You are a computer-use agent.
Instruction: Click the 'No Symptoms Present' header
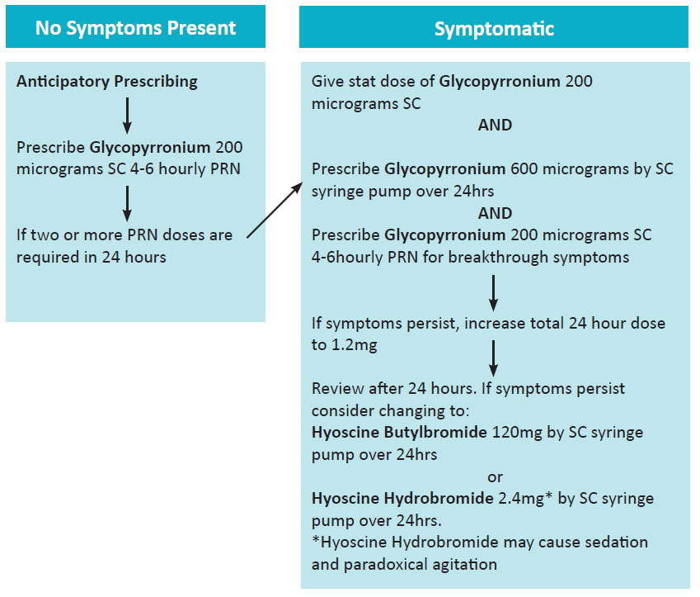click(x=135, y=28)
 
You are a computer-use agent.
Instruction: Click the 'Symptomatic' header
click(x=494, y=28)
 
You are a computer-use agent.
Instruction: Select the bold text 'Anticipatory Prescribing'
click(x=107, y=82)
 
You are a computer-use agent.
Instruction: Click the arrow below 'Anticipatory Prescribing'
click(x=127, y=115)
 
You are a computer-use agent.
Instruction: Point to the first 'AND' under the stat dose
click(x=495, y=126)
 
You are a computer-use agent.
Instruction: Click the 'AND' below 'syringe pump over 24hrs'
click(x=495, y=213)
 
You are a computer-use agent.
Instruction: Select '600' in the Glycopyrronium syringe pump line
click(x=524, y=169)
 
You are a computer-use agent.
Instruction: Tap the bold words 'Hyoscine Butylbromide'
click(x=399, y=433)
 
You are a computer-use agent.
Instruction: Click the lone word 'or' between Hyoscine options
click(x=495, y=477)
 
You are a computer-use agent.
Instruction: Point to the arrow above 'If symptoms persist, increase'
click(x=492, y=291)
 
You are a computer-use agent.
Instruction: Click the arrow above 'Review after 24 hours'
click(x=492, y=358)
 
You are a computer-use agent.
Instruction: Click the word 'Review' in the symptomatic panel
click(x=334, y=388)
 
